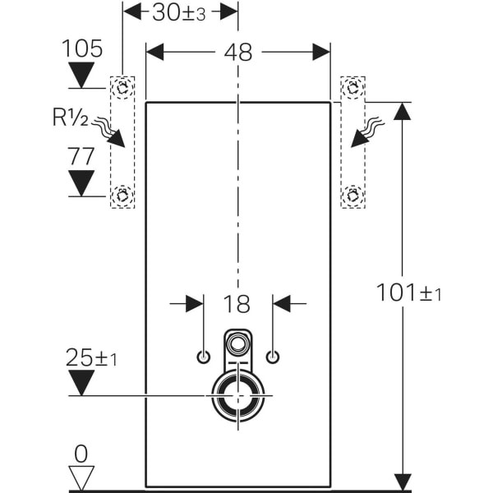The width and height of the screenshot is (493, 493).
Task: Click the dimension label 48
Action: coord(237,52)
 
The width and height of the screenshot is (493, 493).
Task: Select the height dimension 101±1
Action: coord(408,293)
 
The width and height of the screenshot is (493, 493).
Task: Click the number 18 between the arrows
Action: coord(237,303)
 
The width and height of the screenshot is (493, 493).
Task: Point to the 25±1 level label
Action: coord(90,357)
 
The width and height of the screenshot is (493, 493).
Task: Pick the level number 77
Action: coord(82,155)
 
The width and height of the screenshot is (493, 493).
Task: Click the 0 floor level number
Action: coord(81,453)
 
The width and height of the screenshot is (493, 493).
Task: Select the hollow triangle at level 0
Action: coord(81,477)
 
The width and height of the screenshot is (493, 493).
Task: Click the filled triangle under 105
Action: coord(82,76)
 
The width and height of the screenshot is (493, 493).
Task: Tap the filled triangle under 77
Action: coord(82,182)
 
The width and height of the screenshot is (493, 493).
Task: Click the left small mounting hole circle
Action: coord(203,357)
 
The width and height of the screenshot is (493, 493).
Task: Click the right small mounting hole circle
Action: coord(273,357)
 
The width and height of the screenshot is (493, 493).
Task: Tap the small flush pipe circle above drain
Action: coord(238,343)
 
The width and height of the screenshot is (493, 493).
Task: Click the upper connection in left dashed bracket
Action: coord(123,87)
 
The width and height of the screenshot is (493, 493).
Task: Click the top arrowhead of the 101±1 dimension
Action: coord(402,111)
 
